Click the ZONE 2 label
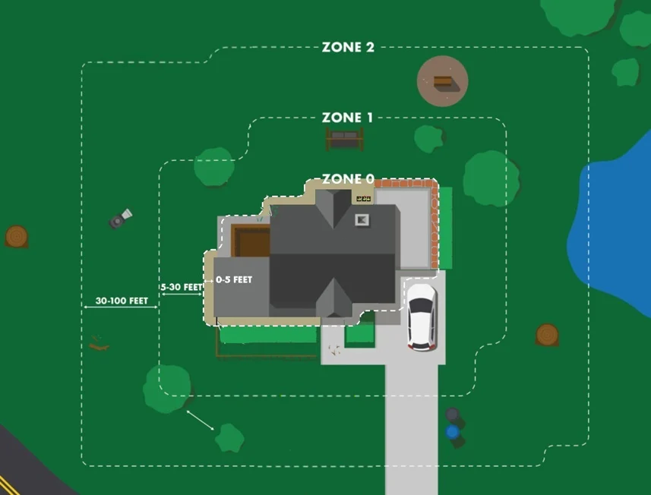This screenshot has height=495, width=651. point(348,47)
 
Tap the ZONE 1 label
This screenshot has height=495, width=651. point(347,118)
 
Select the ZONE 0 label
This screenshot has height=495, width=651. point(348,179)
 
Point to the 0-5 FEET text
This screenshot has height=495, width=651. point(234,279)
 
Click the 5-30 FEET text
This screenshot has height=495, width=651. point(182,287)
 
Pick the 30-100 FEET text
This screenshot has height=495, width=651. point(122,301)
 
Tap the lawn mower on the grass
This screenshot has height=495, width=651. point(121,219)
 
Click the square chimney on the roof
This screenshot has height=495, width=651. point(362,220)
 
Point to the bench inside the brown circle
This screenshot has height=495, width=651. point(443,81)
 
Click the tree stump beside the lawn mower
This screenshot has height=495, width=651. point(17,237)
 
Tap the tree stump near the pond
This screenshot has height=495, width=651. point(547,334)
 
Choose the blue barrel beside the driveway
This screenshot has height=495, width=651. point(453,432)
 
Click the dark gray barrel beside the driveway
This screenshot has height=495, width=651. point(453,415)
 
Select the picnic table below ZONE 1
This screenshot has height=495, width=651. point(345,139)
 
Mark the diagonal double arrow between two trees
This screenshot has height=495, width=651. point(200,421)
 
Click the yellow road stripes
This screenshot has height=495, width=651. point(8,485)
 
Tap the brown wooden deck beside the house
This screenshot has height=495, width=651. point(251,241)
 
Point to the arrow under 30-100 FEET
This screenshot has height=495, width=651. point(121,307)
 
